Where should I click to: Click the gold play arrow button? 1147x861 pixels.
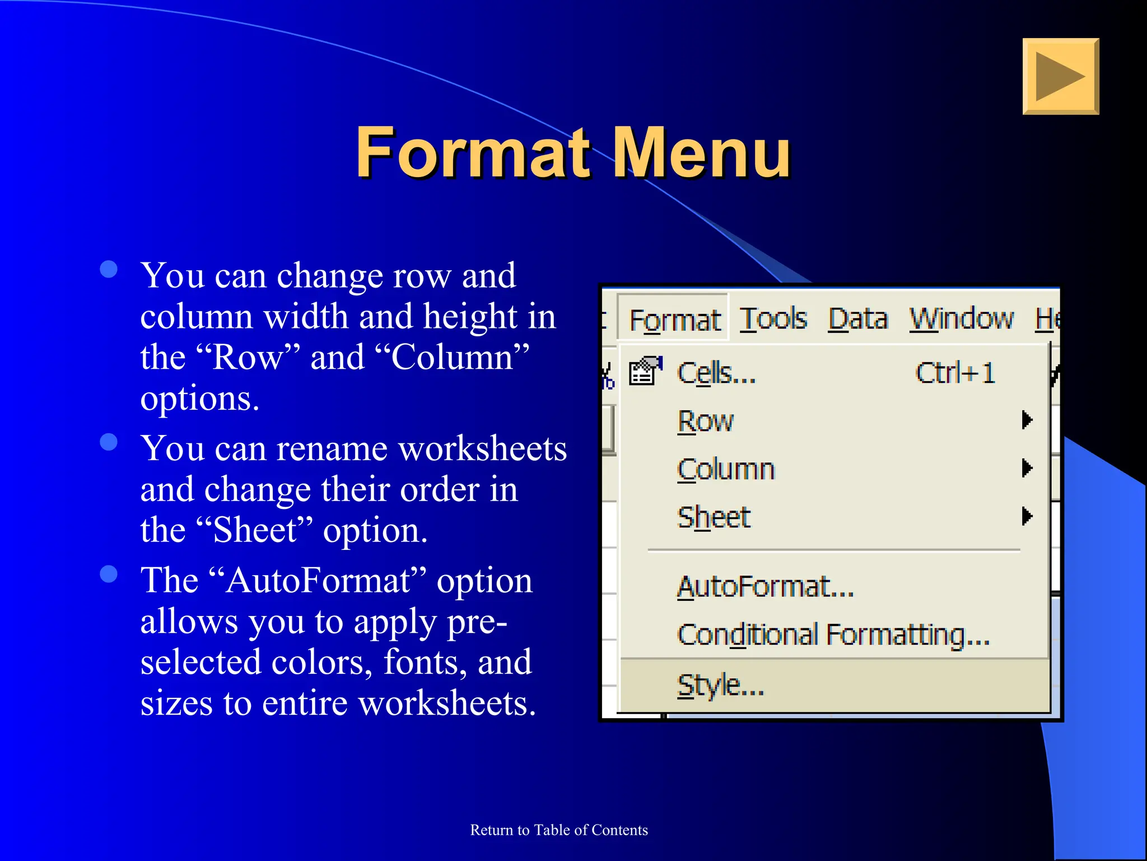(x=1060, y=76)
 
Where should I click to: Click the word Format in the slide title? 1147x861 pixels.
(x=473, y=152)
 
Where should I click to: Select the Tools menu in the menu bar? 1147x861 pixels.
(x=773, y=319)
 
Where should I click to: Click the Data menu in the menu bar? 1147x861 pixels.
(x=857, y=319)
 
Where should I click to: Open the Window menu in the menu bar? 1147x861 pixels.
(x=961, y=319)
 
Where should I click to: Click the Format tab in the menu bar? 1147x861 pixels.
(x=674, y=320)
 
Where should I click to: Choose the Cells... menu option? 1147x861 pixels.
(x=716, y=373)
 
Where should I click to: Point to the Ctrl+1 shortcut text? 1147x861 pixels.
(x=955, y=373)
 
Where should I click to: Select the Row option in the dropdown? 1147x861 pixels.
(x=705, y=421)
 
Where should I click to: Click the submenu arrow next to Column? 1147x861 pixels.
(x=1027, y=467)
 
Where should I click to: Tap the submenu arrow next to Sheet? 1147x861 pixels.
(x=1027, y=516)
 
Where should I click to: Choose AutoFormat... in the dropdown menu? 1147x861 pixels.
(x=765, y=587)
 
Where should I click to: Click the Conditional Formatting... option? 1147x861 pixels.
(x=833, y=635)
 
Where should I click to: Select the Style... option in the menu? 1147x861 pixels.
(x=720, y=685)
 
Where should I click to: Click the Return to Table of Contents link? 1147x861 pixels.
(x=559, y=830)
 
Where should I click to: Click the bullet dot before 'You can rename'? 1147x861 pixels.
(x=109, y=442)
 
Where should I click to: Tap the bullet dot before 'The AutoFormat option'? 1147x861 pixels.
(x=109, y=574)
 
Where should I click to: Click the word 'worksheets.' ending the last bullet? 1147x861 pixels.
(x=447, y=703)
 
